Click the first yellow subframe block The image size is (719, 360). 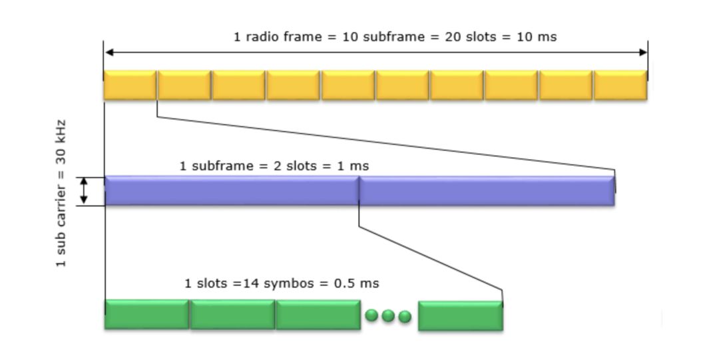tap(130, 85)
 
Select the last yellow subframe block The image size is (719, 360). tap(620, 85)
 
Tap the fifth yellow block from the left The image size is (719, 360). tap(348, 85)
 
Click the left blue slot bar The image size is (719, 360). tap(232, 190)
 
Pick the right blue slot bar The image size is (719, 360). tap(487, 190)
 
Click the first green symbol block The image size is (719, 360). tap(146, 314)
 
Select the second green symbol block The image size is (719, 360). tap(232, 314)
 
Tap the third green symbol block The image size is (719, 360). tap(318, 314)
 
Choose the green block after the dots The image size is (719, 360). tap(460, 315)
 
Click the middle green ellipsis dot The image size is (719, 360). tap(388, 315)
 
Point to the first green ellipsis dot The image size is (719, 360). tap(372, 315)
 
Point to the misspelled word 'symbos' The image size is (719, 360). tap(288, 283)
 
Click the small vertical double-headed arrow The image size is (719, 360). tap(85, 191)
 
